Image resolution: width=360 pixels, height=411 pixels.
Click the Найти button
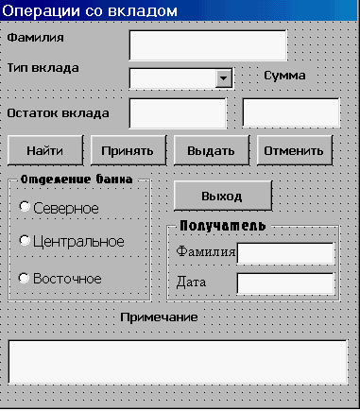(45, 149)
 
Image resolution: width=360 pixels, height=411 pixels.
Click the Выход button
(222, 196)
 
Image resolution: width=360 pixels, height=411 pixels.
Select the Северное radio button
(26, 206)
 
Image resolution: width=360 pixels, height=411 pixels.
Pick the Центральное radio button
(26, 241)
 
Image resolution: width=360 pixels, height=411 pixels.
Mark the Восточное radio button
(26, 278)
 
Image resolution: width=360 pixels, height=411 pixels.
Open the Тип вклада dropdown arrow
(224, 78)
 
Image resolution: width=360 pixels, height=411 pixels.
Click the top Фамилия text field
(207, 44)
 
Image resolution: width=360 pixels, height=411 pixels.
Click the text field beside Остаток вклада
(177, 113)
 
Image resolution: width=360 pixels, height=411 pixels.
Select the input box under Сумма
(290, 113)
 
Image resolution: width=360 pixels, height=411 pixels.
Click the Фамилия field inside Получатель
(285, 253)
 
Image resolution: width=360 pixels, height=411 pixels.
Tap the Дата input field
(285, 283)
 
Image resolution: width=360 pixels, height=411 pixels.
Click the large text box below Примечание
(177, 361)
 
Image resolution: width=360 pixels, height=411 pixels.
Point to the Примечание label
(159, 317)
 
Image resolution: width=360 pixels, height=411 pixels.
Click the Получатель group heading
(222, 227)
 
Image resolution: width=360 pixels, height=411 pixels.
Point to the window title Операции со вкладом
(90, 10)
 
